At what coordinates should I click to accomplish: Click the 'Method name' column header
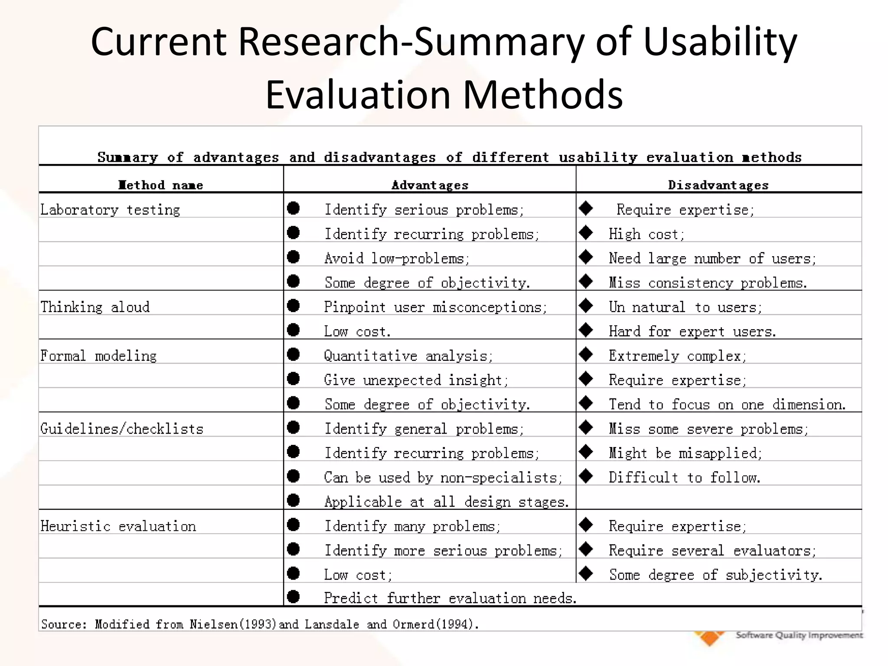160,185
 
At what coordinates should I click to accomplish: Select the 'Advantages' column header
430,185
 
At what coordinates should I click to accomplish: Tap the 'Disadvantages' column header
718,185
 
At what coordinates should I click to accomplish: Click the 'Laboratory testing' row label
110,210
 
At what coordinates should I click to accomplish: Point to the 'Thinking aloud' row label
95,307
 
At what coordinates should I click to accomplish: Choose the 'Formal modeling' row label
98,356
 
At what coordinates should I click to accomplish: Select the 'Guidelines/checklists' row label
122,429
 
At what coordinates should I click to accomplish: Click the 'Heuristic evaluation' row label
118,526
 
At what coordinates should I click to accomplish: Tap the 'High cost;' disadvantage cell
646,234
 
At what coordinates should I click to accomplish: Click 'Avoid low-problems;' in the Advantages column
397,258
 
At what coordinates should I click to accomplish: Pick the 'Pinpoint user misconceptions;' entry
435,307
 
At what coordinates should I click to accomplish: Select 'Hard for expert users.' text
692,332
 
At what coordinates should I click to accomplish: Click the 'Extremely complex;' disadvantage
677,356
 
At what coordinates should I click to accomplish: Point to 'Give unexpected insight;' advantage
416,380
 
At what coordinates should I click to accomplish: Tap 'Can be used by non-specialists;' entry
443,477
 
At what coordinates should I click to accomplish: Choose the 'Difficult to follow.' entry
684,477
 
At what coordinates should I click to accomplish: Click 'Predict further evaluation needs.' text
450,598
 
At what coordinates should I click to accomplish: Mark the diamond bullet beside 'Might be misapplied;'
586,452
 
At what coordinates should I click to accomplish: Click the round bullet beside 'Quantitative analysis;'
294,354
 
